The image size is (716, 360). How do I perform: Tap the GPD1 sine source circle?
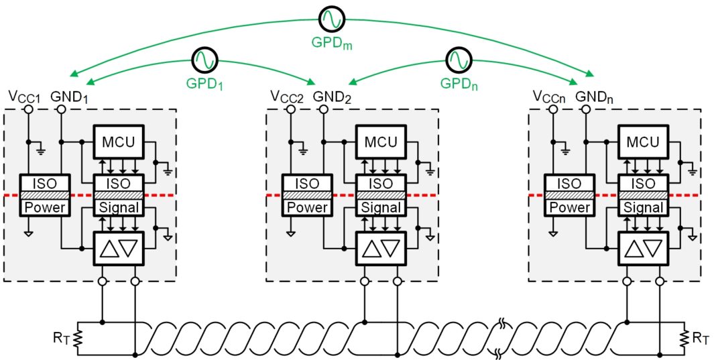pyautogui.click(x=204, y=61)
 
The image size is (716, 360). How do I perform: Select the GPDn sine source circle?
pyautogui.click(x=459, y=61)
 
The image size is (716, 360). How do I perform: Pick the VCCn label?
pyautogui.click(x=550, y=97)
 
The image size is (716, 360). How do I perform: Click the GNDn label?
pyautogui.click(x=594, y=97)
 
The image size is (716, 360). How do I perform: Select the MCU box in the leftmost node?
pyautogui.click(x=119, y=142)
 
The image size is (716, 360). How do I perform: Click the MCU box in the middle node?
pyautogui.click(x=381, y=142)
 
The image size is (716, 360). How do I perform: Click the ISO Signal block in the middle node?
pyautogui.click(x=381, y=195)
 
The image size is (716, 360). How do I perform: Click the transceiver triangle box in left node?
pyautogui.click(x=119, y=248)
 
